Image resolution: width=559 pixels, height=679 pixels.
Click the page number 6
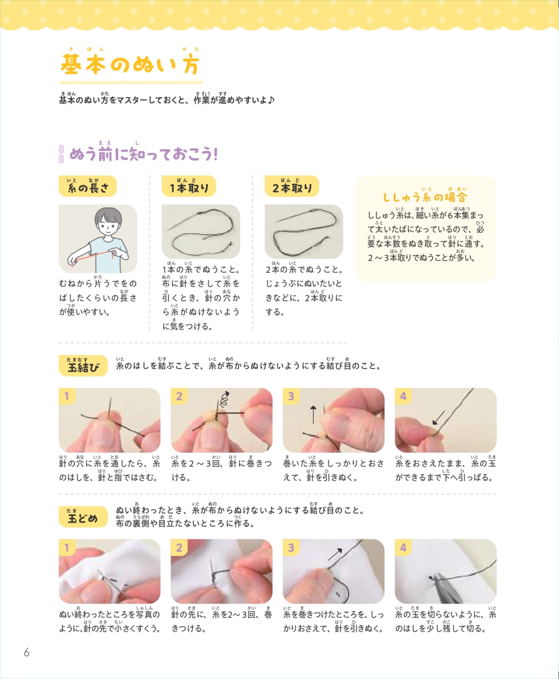pos(27,652)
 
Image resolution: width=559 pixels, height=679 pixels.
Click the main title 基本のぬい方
pos(130,65)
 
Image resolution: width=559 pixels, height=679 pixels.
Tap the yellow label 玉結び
pos(83,366)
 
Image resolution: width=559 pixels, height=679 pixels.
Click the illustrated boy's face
pos(108,224)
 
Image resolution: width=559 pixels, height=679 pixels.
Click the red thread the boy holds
pos(92,257)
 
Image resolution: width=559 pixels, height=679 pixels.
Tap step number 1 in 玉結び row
pos(67,396)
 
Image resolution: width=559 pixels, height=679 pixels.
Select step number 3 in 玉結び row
pos(291,396)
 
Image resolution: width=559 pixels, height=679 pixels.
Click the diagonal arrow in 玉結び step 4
pos(438,418)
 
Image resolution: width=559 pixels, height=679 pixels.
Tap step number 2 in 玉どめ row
pos(179,548)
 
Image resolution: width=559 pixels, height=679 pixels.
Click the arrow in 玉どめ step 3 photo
pos(335,554)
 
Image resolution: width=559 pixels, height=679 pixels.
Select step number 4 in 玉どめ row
pos(403,548)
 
